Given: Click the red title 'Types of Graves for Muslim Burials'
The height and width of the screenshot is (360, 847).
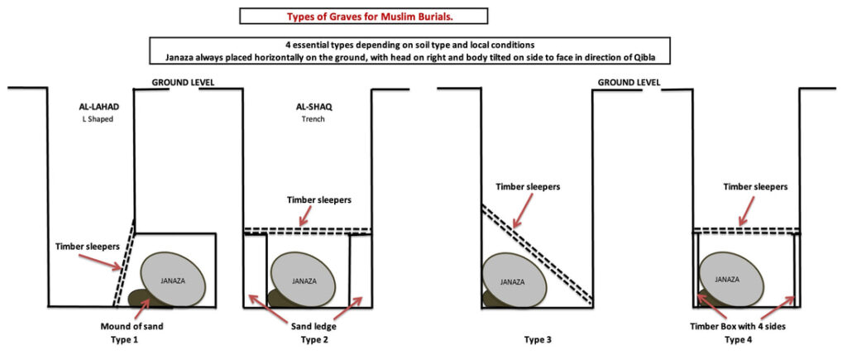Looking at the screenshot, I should point(363,16).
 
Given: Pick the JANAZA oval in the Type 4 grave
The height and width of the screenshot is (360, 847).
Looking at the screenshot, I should point(728,280).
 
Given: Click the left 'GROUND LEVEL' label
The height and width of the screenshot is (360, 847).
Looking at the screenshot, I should point(183,83).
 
